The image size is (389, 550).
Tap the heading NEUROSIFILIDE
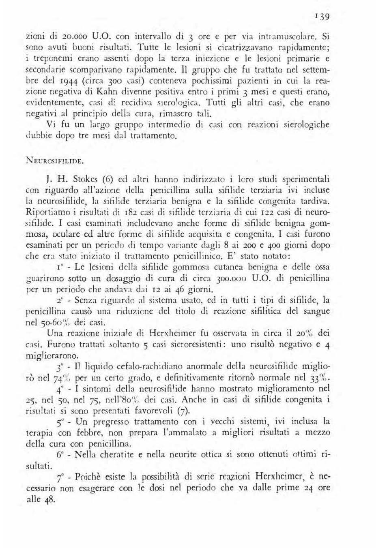click(x=55, y=160)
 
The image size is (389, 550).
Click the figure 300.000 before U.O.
click(x=230, y=278)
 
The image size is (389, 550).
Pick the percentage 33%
click(x=319, y=378)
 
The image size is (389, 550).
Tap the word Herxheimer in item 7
click(x=281, y=476)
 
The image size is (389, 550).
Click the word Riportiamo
click(x=48, y=212)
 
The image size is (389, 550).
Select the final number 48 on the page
click(x=48, y=499)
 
